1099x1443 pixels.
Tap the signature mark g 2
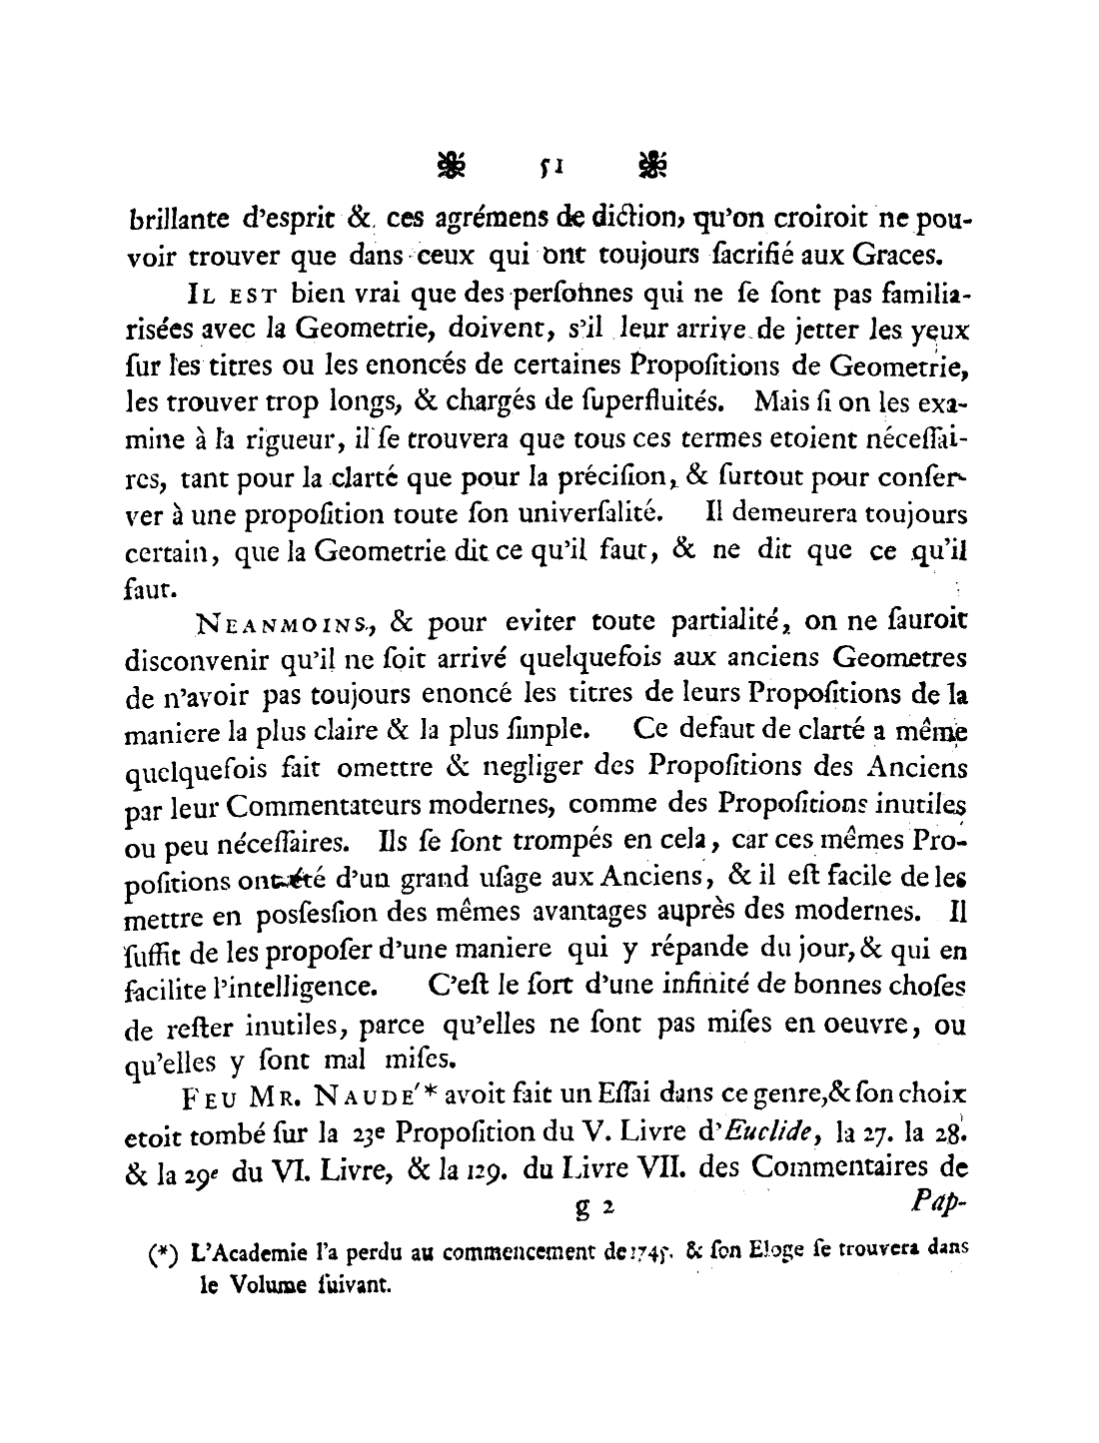pyautogui.click(x=593, y=1209)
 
